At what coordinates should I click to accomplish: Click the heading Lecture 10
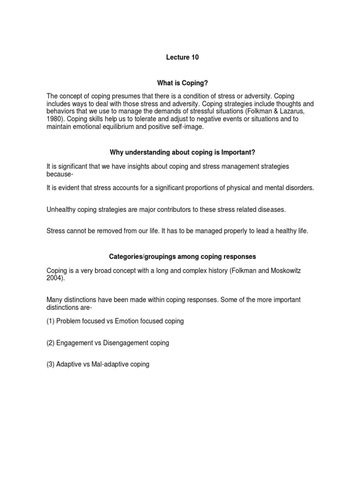coord(182,58)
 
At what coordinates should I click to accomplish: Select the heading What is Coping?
coord(182,82)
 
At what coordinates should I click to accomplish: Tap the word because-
coord(60,174)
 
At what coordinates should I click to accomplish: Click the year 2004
coord(55,278)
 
